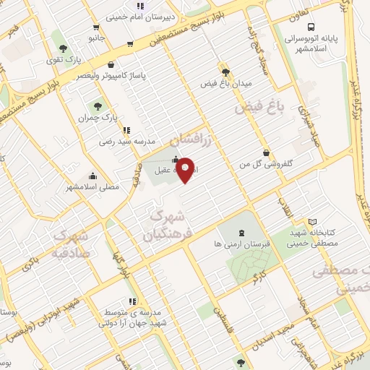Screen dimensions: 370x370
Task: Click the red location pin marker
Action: click(x=186, y=169)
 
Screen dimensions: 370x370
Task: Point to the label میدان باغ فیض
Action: click(x=226, y=84)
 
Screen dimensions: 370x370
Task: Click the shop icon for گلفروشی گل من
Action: click(x=267, y=152)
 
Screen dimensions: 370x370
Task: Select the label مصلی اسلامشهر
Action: click(x=92, y=186)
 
